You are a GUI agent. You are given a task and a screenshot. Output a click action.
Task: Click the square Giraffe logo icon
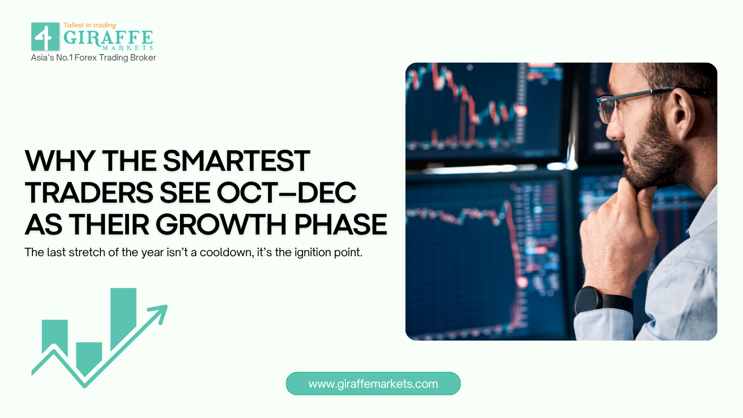[45, 37]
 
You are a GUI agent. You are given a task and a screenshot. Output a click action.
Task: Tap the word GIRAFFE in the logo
[108, 38]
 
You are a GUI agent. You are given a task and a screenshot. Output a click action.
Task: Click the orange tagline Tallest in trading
[90, 25]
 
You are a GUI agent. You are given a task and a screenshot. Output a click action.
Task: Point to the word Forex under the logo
[85, 58]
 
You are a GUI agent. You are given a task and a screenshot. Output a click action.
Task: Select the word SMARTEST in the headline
[237, 161]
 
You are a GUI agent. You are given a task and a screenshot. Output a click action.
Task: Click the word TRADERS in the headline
[89, 193]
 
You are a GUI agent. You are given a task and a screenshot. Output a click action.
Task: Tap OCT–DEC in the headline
[287, 193]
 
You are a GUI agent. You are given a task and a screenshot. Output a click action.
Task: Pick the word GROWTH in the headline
[221, 224]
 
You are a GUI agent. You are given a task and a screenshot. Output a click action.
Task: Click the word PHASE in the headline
[341, 224]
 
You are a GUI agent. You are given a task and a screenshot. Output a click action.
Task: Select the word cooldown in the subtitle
[227, 252]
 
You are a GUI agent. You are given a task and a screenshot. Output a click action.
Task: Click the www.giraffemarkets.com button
[373, 384]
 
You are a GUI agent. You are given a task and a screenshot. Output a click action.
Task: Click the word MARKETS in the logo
[128, 48]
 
